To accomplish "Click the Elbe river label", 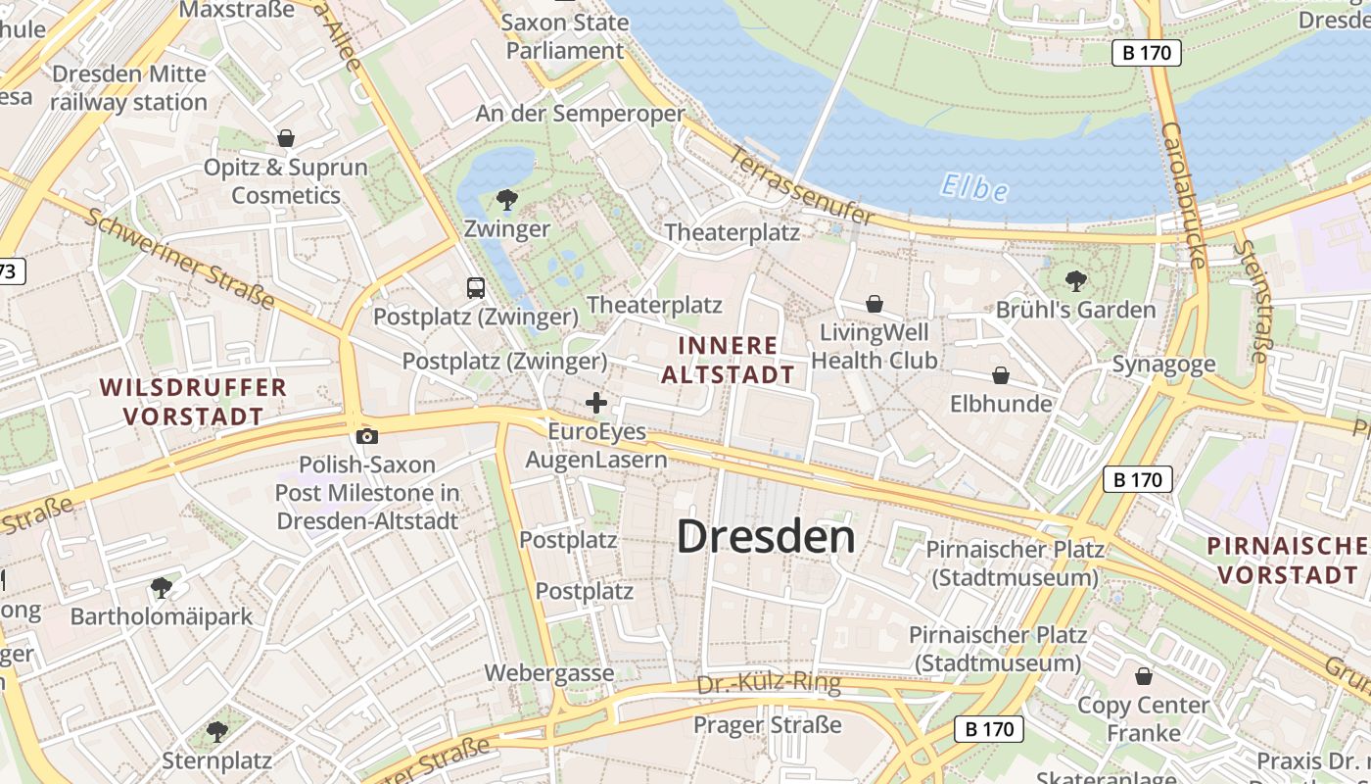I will (974, 186).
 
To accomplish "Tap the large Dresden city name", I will (766, 537).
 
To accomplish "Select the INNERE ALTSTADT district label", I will (728, 360).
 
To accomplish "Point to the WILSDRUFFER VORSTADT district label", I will (193, 401).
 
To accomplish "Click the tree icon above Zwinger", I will (506, 200).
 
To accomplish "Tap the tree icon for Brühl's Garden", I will (1075, 281).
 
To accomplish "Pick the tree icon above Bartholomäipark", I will (162, 588).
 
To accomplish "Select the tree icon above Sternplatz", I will (216, 731).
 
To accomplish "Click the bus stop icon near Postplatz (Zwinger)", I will (476, 287).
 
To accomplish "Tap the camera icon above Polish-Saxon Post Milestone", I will (366, 436).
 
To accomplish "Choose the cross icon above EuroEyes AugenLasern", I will (596, 403).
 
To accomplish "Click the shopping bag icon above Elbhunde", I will (1001, 375).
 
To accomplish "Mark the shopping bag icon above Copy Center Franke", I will (1143, 676).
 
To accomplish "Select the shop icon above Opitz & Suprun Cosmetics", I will (286, 138).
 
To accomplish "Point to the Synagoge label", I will (1163, 365).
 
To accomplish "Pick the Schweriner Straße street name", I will (178, 256).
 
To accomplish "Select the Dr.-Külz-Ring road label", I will (769, 684).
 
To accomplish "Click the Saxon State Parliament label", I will (563, 36).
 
